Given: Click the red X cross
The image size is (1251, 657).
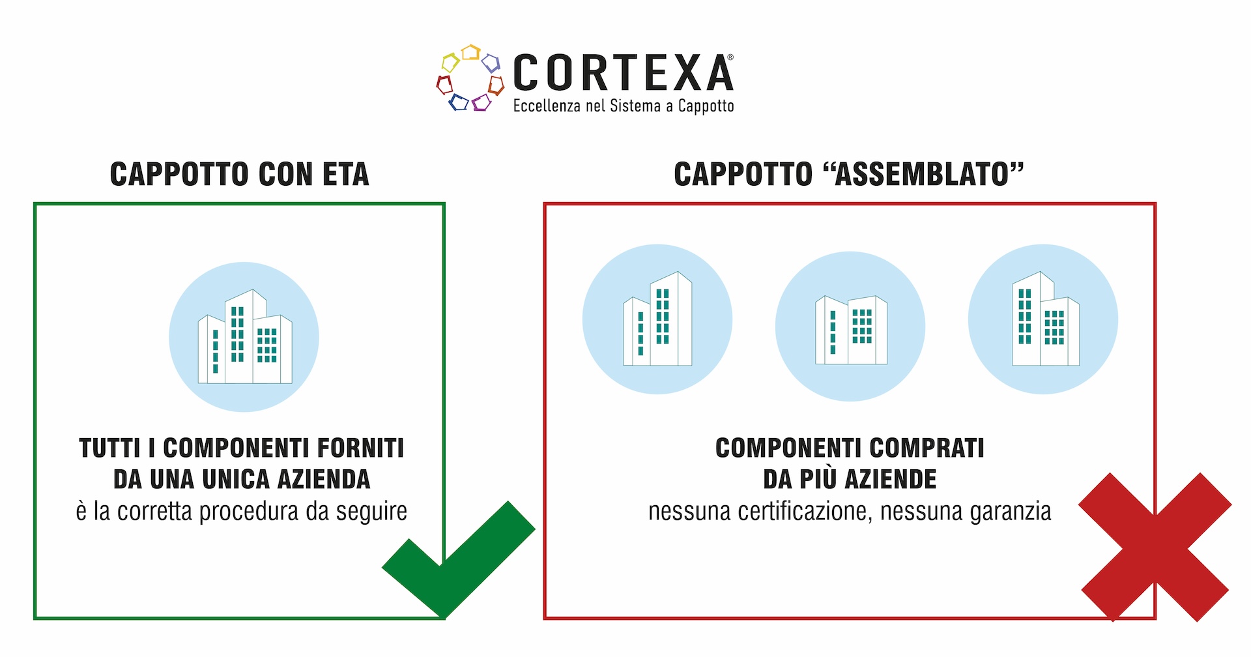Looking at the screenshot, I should coord(1155,546).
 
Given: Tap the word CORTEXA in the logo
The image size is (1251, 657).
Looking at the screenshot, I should coord(623,73).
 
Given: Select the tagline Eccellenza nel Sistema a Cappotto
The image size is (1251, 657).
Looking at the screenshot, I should coord(623,106).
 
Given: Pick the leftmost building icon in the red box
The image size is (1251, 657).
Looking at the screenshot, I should coord(657,319).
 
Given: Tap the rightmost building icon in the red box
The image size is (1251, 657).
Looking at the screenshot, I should coord(1043,319).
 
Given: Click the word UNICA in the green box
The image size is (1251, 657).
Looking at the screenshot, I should coord(237,480).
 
